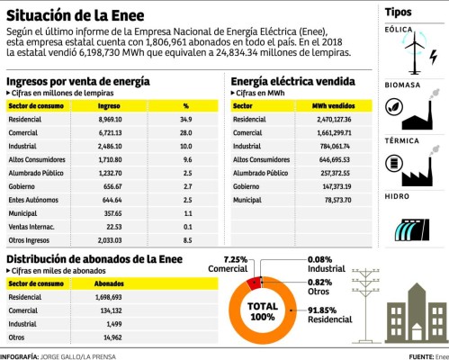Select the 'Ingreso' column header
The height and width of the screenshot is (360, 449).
point(115,105)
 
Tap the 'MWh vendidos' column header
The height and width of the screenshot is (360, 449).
point(331,105)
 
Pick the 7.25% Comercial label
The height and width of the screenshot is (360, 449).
point(229,265)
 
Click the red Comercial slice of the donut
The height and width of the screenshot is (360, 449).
point(253,283)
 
